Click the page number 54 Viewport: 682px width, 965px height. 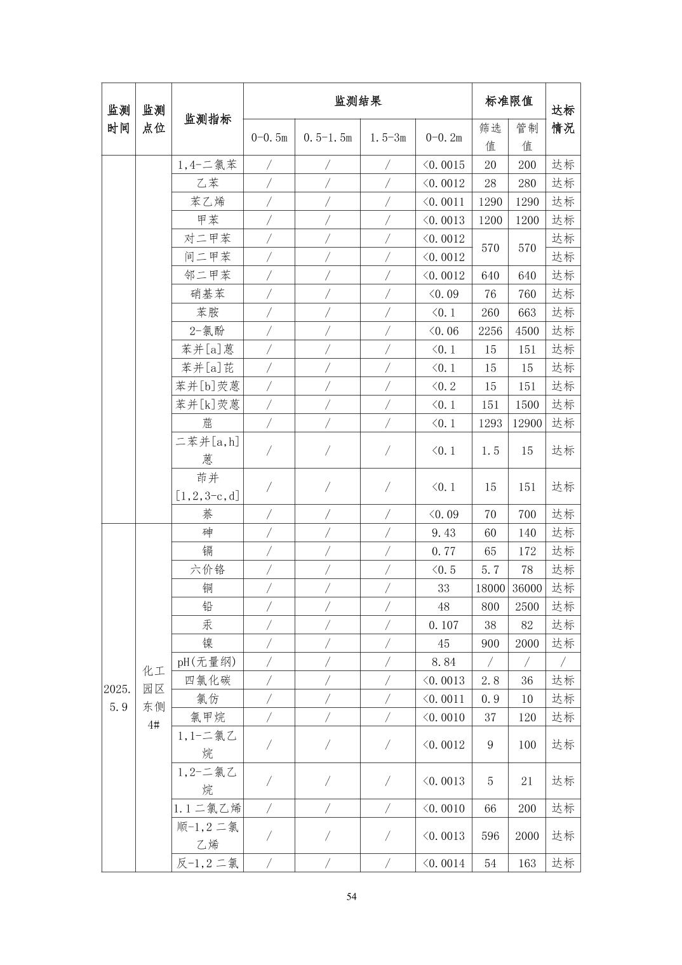click(x=351, y=896)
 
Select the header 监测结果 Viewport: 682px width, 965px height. click(x=358, y=101)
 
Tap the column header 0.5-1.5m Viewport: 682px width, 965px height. click(x=327, y=137)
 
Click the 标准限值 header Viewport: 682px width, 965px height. click(x=509, y=101)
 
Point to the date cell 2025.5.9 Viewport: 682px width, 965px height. click(x=118, y=698)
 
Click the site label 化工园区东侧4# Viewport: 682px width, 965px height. click(x=153, y=698)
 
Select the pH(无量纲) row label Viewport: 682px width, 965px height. click(x=207, y=662)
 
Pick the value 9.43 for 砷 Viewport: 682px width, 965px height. click(x=443, y=533)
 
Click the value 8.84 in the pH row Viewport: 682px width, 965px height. click(x=443, y=662)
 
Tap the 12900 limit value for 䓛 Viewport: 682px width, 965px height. click(x=526, y=423)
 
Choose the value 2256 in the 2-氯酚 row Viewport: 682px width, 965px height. click(x=490, y=331)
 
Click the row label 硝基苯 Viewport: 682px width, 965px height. click(x=207, y=294)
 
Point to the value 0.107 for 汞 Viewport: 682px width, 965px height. click(x=443, y=625)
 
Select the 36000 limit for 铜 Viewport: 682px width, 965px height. click(x=526, y=588)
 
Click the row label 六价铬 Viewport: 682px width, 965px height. click(x=207, y=569)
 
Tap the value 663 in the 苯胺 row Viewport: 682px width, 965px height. click(x=526, y=312)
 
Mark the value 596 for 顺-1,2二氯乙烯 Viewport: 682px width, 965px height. click(x=490, y=835)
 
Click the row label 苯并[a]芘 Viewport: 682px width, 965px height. click(x=207, y=368)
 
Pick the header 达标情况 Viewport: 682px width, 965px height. click(x=563, y=119)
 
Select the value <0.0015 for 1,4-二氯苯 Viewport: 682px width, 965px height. click(x=443, y=164)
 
